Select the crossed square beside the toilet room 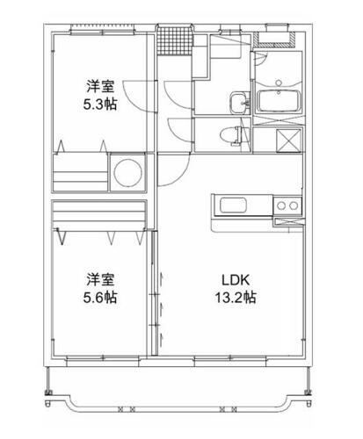[286, 140]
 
